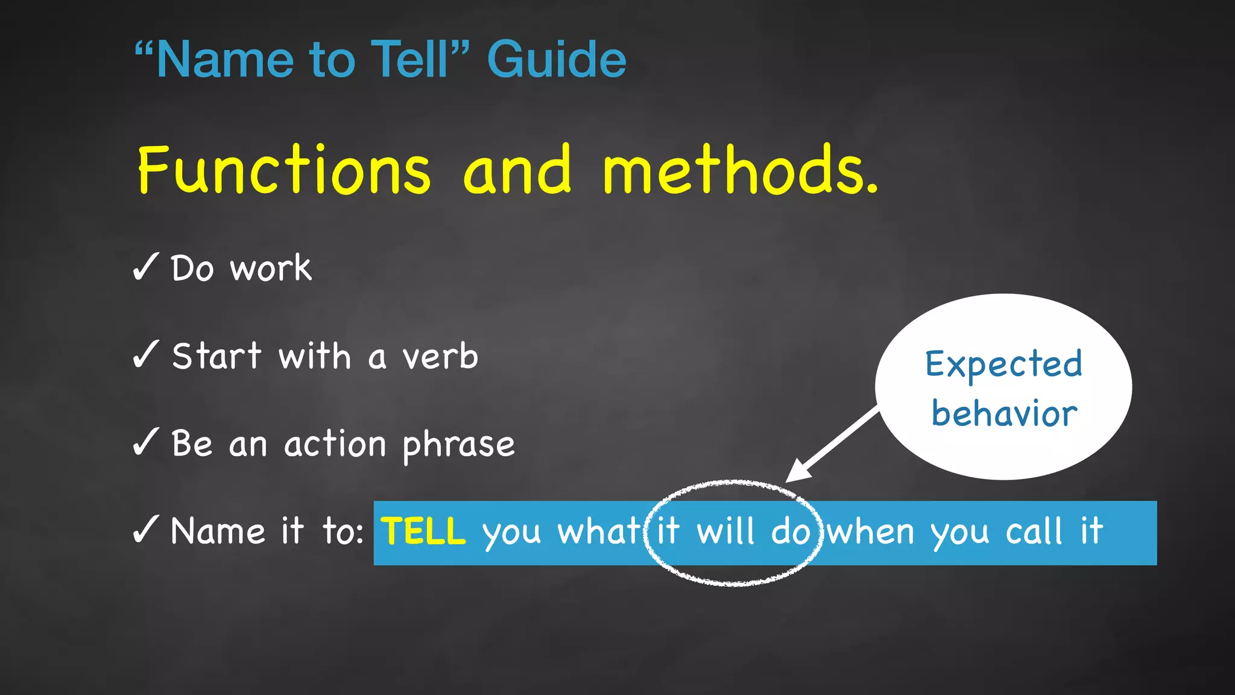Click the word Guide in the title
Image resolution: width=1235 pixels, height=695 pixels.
tap(557, 60)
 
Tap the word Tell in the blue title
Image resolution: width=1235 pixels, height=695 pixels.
tap(410, 60)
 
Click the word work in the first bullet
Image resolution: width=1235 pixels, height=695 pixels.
tap(271, 268)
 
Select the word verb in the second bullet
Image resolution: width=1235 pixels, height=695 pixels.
tap(440, 357)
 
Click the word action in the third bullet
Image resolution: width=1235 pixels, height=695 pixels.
tap(335, 445)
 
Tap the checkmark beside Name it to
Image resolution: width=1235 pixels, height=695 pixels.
tap(145, 529)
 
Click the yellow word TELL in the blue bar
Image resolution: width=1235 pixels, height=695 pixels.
tap(423, 532)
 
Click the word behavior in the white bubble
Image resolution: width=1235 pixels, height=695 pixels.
tap(1004, 414)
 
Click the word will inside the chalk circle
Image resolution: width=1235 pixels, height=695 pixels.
tap(725, 532)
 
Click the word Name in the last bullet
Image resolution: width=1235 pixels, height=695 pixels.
tap(218, 532)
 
